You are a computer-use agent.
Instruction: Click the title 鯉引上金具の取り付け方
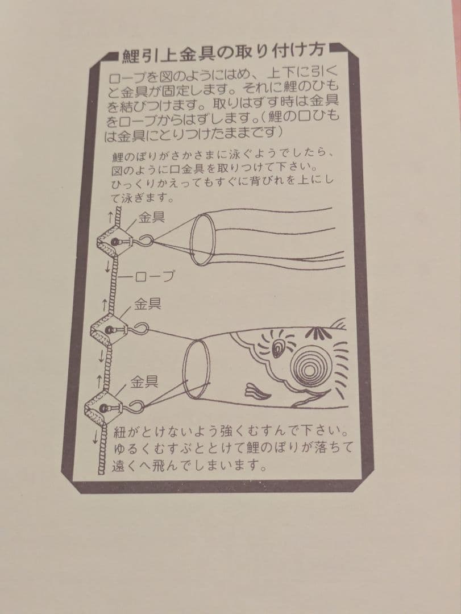tap(223, 52)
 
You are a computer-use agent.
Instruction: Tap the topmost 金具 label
tap(152, 218)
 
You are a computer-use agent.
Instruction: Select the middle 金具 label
tap(148, 304)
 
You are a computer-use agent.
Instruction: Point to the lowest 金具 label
tap(144, 382)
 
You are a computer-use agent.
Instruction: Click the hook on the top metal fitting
tap(144, 240)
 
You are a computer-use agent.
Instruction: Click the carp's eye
tap(278, 348)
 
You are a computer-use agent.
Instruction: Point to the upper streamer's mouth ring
tap(202, 239)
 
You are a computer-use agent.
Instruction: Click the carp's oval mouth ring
tap(197, 368)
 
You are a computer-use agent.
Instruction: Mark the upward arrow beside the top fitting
tap(110, 216)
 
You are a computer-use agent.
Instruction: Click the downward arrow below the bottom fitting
tap(95, 437)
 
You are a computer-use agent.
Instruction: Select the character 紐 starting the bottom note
tap(120, 432)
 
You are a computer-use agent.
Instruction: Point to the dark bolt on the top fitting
tap(114, 242)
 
